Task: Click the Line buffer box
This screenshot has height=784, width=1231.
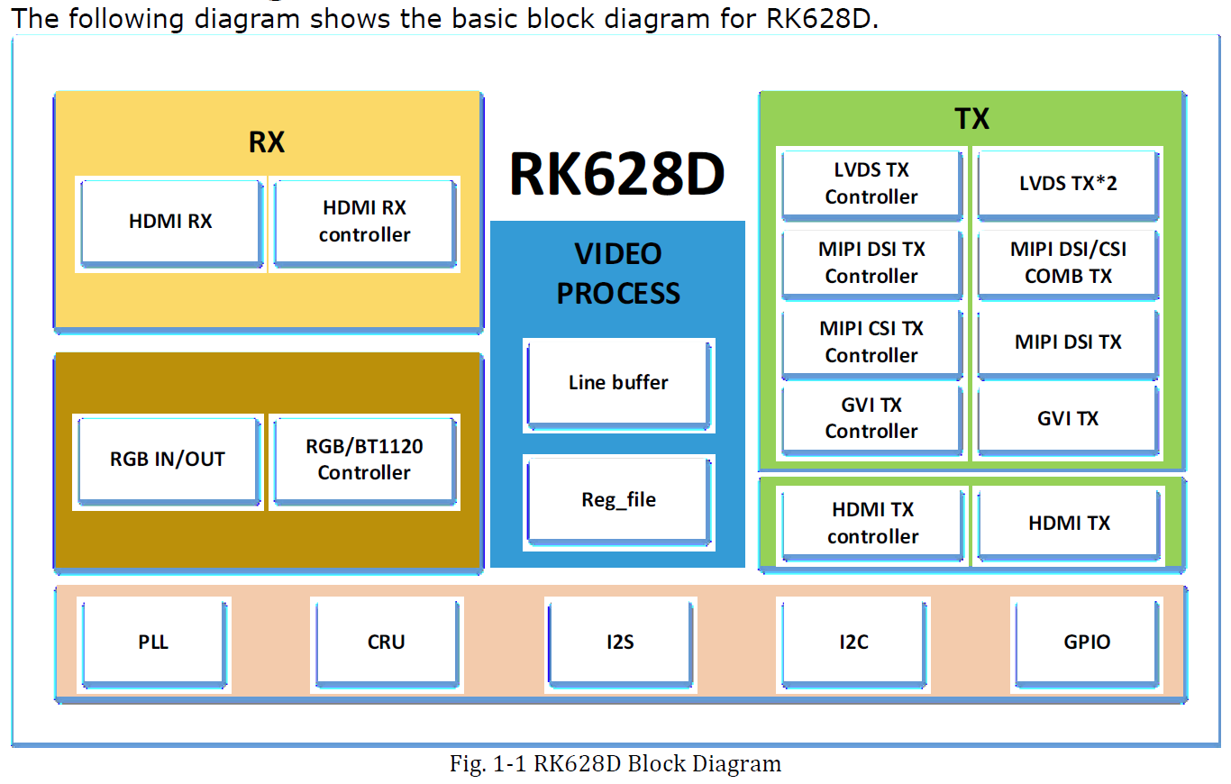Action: [x=619, y=385]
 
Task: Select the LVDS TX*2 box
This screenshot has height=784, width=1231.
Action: [x=1068, y=185]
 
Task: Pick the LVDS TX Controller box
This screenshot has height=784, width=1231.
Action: [x=872, y=185]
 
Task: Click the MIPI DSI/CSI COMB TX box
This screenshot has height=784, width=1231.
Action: [x=1068, y=264]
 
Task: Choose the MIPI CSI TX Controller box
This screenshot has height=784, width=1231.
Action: [x=872, y=343]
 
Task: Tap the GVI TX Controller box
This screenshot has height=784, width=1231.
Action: [x=872, y=420]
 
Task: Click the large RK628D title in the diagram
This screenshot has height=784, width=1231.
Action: [x=617, y=174]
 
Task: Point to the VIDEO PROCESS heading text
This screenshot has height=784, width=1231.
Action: [x=618, y=273]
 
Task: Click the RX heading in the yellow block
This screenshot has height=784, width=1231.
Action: [x=267, y=142]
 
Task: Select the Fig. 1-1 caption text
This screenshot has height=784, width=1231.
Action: [x=615, y=763]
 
